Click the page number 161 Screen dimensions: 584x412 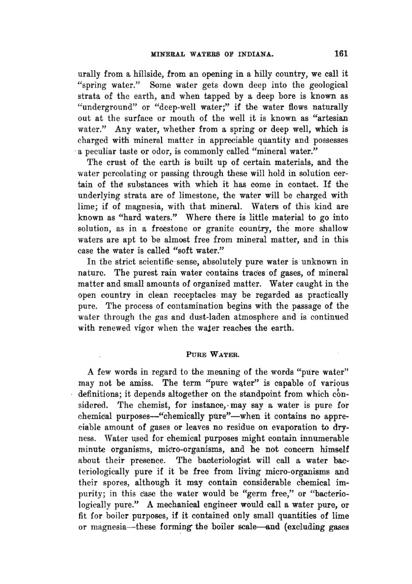point(342,54)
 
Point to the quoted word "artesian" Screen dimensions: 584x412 point(331,118)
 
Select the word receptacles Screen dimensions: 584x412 point(194,295)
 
